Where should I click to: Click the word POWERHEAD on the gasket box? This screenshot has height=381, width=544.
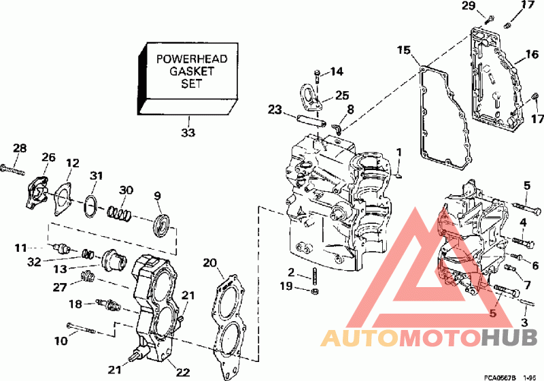click(192, 59)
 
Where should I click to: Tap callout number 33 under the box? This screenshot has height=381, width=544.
click(188, 132)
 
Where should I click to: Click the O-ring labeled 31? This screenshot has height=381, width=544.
click(90, 207)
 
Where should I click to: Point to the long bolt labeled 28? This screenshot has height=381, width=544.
click(12, 169)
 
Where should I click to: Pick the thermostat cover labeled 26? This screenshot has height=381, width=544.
click(37, 193)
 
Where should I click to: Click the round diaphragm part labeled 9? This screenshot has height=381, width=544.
click(162, 227)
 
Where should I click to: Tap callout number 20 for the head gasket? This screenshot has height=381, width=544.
click(209, 263)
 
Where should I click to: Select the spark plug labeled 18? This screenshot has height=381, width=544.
click(108, 304)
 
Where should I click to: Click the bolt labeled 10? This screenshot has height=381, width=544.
click(80, 328)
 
